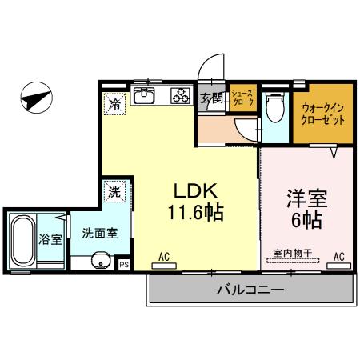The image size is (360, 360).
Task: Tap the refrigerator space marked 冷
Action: point(115,103)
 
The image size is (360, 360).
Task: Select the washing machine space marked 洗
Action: point(115,192)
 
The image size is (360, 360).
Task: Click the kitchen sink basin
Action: point(145,98)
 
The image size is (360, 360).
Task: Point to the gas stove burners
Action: point(178,98)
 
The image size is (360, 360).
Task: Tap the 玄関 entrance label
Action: point(212,98)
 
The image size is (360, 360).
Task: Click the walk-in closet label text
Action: point(324,113)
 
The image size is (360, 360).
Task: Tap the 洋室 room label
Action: point(307,197)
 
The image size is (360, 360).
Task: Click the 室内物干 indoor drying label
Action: point(291,254)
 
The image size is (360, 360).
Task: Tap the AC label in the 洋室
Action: point(338,257)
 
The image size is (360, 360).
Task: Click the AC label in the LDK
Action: point(164,257)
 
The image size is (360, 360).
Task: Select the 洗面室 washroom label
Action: point(99,234)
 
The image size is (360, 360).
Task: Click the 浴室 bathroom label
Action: point(51,238)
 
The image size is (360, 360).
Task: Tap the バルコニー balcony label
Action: point(250,290)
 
